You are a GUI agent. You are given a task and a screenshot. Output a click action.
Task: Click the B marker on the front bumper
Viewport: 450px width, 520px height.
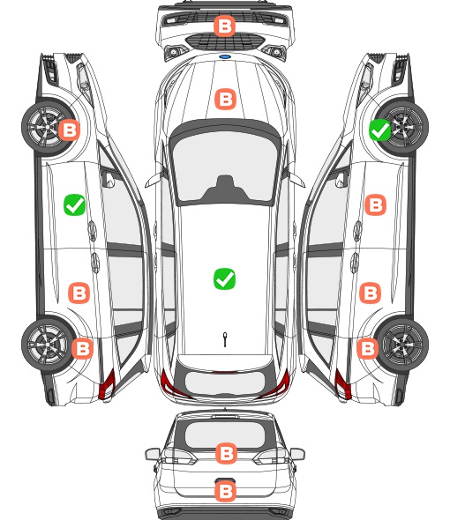(224, 26)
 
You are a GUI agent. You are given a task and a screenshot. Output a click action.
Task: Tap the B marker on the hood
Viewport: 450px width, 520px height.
(226, 99)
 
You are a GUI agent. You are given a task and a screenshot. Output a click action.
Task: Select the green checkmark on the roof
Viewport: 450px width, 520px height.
(224, 279)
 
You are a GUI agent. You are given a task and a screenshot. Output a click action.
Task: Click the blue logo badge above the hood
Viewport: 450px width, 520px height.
(225, 56)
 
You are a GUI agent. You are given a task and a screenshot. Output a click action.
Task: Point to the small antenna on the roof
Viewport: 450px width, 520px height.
(225, 339)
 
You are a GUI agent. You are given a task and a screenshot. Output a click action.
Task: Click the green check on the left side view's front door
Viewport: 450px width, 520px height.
(74, 205)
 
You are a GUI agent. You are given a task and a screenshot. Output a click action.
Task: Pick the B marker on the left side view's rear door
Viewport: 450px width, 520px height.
(79, 293)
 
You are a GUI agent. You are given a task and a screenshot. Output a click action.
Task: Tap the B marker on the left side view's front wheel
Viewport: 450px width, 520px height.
(70, 130)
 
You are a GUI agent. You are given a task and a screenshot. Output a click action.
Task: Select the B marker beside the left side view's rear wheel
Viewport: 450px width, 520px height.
(82, 348)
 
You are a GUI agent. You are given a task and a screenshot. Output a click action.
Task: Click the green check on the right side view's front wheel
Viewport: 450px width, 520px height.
(380, 130)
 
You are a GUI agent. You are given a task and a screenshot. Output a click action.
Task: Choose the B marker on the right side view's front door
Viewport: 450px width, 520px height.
(376, 205)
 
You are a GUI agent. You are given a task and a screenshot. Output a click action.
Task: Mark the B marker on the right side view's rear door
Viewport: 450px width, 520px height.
(371, 293)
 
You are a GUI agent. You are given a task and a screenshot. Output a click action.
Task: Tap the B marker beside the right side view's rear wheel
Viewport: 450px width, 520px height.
(368, 348)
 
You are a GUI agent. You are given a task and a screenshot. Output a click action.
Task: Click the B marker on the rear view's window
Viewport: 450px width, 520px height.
(226, 453)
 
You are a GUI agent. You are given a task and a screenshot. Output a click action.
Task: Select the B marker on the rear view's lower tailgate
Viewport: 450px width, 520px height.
(226, 491)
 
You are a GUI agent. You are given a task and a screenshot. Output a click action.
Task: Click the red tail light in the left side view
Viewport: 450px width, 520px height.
(107, 384)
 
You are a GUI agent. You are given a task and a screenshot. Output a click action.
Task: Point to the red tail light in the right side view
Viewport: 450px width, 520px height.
(343, 384)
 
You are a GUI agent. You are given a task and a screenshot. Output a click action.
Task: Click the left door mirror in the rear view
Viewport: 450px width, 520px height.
(153, 454)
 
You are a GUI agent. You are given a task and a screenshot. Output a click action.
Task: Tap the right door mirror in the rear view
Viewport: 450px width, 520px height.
(297, 454)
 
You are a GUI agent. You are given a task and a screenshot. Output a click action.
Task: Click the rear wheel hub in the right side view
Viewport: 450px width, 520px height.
(404, 344)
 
